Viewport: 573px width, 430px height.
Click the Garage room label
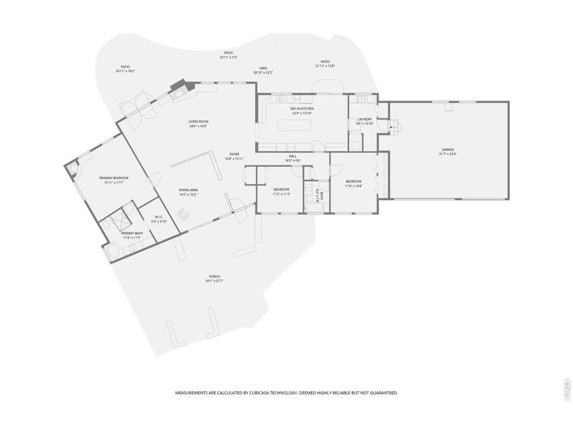[448, 150]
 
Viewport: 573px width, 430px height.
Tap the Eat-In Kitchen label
[302, 108]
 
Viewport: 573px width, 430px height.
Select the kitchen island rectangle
[295, 125]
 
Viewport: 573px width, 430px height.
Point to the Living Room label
[198, 121]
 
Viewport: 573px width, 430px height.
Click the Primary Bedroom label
[114, 178]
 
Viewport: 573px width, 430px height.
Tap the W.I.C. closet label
[159, 217]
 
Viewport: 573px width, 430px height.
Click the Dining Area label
[188, 190]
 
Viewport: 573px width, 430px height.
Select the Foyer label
[234, 154]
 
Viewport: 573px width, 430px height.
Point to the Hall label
[293, 156]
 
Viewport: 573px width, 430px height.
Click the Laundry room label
[365, 119]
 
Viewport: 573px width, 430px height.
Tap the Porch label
[214, 276]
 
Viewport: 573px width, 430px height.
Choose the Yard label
[263, 69]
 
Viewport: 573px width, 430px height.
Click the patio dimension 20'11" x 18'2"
[125, 71]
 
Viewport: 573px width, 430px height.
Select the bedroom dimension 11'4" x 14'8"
[354, 186]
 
